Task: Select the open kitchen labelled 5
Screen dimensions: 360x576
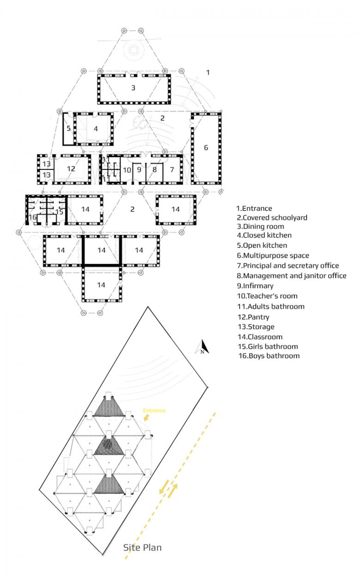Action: [69, 128]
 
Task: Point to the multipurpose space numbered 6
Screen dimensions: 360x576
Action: [206, 148]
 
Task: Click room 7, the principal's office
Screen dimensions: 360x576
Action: [172, 169]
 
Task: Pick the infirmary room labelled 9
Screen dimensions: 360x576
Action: [139, 169]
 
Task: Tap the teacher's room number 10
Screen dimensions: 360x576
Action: [127, 170]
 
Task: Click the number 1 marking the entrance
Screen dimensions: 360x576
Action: [208, 72]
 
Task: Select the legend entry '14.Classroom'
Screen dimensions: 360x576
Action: [260, 337]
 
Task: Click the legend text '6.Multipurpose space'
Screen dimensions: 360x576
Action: [273, 256]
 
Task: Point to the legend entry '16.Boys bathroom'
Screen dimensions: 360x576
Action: [269, 356]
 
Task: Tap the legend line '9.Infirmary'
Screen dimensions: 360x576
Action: [255, 286]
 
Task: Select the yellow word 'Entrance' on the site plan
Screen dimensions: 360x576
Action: [154, 410]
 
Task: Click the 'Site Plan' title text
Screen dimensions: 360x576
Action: [143, 548]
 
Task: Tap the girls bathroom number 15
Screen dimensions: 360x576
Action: [59, 212]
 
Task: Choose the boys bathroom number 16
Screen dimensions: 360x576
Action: [32, 217]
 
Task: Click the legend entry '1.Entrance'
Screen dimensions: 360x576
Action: [254, 209]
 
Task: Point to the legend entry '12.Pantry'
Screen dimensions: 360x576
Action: [253, 317]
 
